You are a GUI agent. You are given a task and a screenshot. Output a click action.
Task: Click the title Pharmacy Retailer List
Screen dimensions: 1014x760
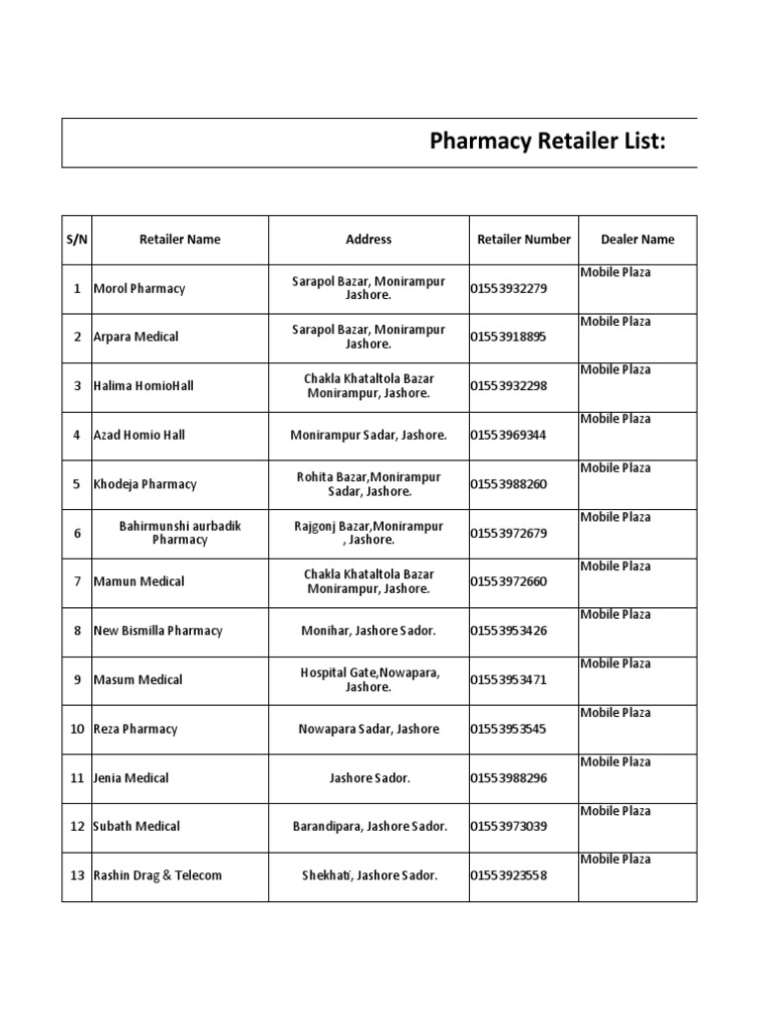[547, 142]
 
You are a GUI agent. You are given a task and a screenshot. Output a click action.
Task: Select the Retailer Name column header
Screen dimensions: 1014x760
[180, 240]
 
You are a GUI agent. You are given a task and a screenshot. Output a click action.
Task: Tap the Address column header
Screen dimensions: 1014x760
[368, 240]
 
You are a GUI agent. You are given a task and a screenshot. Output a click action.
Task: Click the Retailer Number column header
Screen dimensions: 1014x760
[523, 240]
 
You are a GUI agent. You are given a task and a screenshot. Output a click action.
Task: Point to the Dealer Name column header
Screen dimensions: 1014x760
[637, 240]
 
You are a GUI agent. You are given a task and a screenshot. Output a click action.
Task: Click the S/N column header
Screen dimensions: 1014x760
[76, 240]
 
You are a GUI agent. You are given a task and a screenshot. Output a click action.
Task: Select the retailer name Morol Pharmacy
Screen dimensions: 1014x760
[139, 289]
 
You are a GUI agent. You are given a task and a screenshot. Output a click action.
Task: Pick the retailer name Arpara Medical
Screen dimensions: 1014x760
[136, 338]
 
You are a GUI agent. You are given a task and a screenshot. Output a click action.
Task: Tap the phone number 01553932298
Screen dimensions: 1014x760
[509, 386]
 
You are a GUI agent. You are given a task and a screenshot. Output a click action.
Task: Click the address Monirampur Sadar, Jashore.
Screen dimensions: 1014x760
[368, 435]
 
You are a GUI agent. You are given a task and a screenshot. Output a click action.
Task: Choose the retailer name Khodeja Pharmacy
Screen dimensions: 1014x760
[144, 484]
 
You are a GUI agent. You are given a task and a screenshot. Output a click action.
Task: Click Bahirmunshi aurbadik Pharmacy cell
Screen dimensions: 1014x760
[180, 533]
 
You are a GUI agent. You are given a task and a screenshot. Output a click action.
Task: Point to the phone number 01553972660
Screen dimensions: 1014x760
[509, 581]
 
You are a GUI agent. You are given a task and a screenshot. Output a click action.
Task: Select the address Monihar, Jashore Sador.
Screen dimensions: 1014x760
[368, 631]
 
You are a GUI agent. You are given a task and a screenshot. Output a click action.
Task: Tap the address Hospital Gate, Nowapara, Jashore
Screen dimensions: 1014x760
[368, 679]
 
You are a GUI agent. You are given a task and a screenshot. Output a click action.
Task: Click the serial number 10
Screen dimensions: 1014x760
[76, 729]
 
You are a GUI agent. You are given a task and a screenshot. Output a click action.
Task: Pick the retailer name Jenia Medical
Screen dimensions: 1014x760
[131, 777]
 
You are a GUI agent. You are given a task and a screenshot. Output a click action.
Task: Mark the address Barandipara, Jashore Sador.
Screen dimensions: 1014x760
[368, 826]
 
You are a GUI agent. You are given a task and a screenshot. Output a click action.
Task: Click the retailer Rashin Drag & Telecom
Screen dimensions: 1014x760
[157, 875]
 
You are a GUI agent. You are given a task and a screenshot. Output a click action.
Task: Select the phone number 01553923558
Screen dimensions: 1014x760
[509, 875]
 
